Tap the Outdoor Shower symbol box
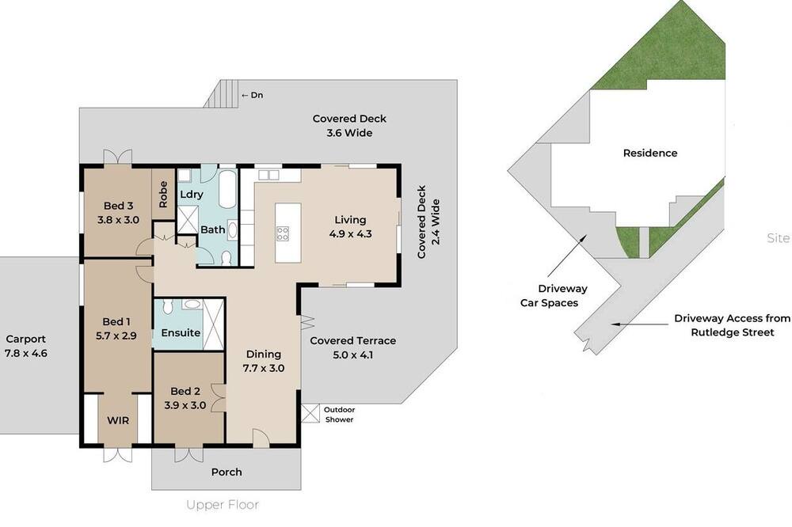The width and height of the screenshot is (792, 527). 310,413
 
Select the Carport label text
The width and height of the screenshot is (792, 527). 26,339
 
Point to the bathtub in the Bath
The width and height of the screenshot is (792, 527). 227,189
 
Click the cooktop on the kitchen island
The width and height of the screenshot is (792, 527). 283,233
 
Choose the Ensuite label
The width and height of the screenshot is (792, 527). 181,332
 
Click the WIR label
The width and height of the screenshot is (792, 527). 118,420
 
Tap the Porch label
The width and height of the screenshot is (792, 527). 227,472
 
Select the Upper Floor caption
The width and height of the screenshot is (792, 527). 223,504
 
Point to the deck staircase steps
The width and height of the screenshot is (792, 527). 221,93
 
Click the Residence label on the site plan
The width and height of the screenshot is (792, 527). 650,153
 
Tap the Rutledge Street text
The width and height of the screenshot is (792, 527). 733,332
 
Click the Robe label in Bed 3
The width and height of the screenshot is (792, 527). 163,195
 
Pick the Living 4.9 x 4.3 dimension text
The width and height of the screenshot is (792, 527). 351,233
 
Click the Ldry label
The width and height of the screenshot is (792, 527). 192,195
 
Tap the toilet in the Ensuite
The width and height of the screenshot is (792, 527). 168,306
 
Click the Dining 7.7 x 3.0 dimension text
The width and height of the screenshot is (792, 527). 264,368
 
